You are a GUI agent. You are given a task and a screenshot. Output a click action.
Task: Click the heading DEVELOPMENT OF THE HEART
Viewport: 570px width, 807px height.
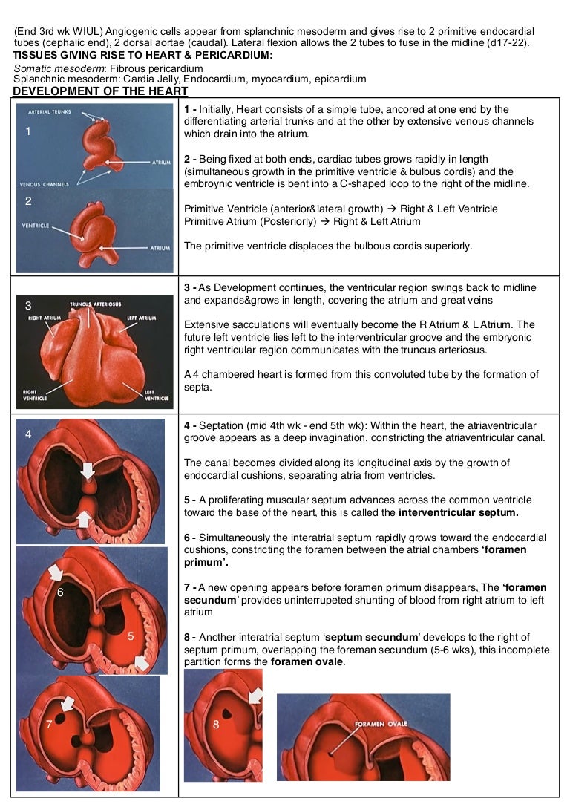100,91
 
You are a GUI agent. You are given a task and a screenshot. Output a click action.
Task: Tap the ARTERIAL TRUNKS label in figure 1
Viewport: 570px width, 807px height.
50,112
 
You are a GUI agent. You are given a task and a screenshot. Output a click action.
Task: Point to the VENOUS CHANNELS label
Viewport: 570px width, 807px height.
44,184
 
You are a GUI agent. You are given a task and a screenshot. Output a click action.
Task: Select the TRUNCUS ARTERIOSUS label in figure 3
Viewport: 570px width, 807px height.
95,304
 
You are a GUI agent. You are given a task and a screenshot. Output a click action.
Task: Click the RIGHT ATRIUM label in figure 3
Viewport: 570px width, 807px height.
45,318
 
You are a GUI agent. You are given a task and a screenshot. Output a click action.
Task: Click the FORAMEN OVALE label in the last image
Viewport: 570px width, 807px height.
381,723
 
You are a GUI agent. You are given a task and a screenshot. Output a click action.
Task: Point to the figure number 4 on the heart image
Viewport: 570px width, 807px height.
28,435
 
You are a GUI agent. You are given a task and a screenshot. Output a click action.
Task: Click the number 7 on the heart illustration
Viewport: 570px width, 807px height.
49,725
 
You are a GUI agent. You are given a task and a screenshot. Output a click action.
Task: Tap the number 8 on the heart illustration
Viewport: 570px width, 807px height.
216,725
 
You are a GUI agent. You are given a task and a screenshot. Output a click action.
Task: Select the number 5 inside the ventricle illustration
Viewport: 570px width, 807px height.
131,636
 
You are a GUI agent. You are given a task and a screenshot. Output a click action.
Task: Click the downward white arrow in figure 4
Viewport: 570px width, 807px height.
88,469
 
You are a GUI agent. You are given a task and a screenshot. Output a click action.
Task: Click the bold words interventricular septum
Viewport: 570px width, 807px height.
458,512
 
